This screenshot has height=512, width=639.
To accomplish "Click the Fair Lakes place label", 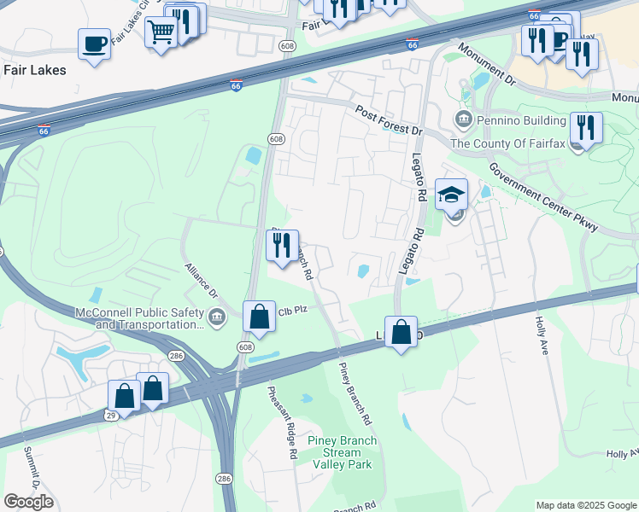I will point(35,70).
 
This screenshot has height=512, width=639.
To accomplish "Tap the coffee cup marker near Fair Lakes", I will point(94,43).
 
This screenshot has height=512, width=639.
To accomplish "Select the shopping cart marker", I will point(160,32).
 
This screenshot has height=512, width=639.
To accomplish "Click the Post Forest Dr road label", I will point(390,121).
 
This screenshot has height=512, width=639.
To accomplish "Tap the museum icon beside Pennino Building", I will point(463,117).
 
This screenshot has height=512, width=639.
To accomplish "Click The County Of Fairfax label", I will point(507,143).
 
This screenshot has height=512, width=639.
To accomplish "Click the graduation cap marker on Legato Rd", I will point(451,195).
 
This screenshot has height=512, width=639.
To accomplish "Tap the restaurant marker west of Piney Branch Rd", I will point(282,247).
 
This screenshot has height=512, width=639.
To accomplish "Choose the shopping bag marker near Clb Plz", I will point(259,317).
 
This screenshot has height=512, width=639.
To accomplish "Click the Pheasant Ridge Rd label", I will point(281,423).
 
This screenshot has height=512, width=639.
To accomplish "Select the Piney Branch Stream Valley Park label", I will point(343,453).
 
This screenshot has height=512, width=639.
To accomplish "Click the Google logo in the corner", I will point(28,501).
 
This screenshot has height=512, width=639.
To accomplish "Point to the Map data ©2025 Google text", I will point(585,505).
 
